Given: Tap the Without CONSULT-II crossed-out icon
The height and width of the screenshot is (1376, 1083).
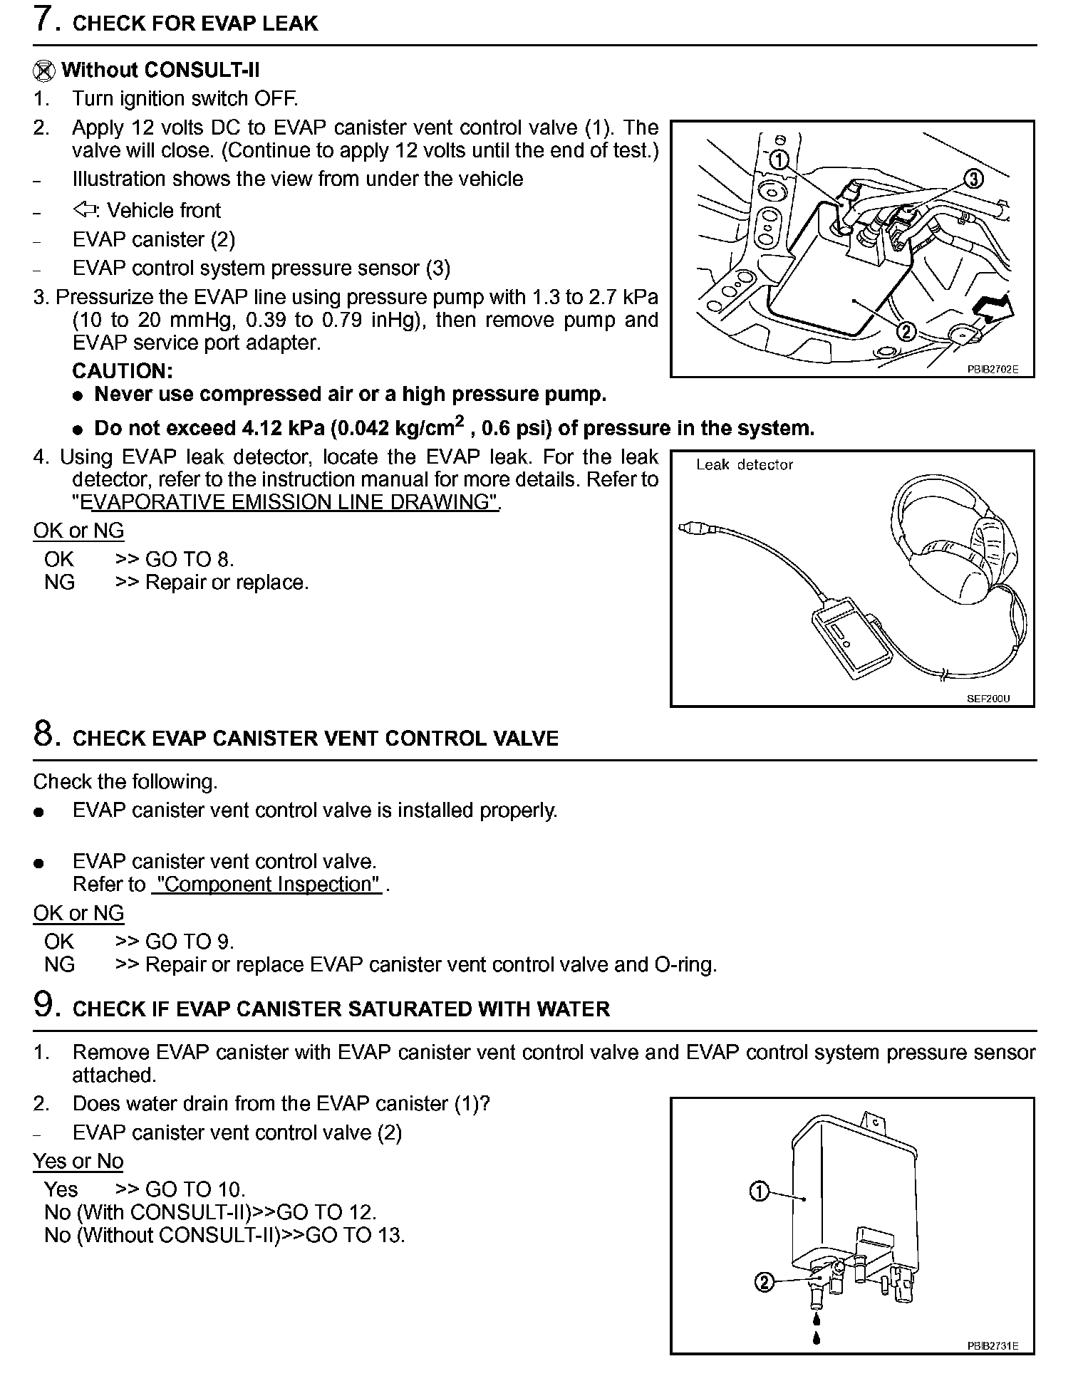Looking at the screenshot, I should pyautogui.click(x=44, y=71).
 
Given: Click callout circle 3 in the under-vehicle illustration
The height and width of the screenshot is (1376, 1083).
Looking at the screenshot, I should pyautogui.click(x=973, y=179).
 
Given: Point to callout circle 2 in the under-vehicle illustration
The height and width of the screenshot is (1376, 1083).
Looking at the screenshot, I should pyautogui.click(x=906, y=331).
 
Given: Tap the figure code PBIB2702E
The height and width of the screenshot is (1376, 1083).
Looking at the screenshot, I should pyautogui.click(x=992, y=370).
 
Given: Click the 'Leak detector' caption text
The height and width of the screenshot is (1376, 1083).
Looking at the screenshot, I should pyautogui.click(x=744, y=465).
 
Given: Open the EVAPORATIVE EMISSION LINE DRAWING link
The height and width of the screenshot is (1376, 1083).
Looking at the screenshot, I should pyautogui.click(x=289, y=502).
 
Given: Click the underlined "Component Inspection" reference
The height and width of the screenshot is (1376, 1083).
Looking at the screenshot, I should pyautogui.click(x=268, y=885).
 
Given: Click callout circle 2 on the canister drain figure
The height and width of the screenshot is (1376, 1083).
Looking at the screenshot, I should pyautogui.click(x=763, y=1283).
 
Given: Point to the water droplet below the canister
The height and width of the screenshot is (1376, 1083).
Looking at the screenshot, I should pyautogui.click(x=817, y=1338).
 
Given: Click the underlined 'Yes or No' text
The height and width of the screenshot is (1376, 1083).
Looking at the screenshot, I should pyautogui.click(x=78, y=1161).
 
